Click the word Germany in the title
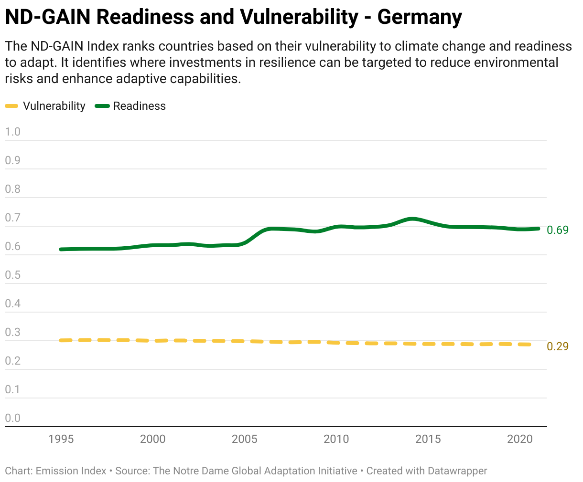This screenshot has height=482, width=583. tap(419, 17)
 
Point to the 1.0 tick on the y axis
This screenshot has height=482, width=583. tap(13, 132)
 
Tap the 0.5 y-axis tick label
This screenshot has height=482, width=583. tap(13, 275)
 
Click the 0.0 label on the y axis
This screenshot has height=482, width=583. tap(13, 418)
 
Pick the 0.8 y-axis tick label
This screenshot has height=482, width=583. tap(13, 189)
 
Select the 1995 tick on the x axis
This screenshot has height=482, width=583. tap(61, 439)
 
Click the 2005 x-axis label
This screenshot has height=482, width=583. tap(244, 439)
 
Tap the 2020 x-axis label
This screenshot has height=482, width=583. tap(519, 439)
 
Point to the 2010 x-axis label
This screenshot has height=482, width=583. tap(336, 439)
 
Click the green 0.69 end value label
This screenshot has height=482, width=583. tap(558, 230)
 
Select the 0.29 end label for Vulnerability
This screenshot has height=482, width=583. tap(558, 346)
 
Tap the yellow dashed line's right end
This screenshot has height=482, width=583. tap(529, 344)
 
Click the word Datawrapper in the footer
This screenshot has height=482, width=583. tap(457, 471)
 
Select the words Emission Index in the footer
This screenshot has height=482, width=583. tap(71, 471)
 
